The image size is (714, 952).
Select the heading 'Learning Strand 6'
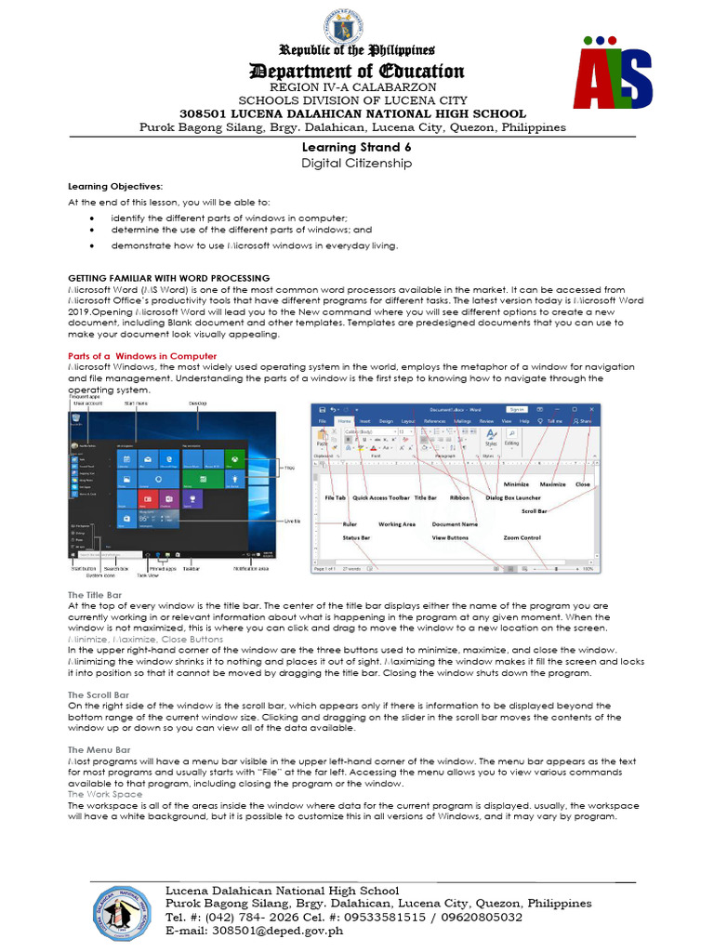click(356, 147)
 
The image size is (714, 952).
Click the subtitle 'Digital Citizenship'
click(356, 163)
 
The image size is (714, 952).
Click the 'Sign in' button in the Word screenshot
click(517, 409)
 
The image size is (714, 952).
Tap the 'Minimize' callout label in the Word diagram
click(515, 484)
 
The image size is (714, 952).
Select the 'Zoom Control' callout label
click(522, 537)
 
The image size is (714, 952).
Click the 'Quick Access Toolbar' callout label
click(380, 498)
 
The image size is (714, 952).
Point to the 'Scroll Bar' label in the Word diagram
click(534, 510)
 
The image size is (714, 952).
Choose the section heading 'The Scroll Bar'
click(98, 694)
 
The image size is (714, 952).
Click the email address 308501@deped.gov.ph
click(254, 930)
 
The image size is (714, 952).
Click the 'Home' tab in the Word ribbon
click(345, 421)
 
